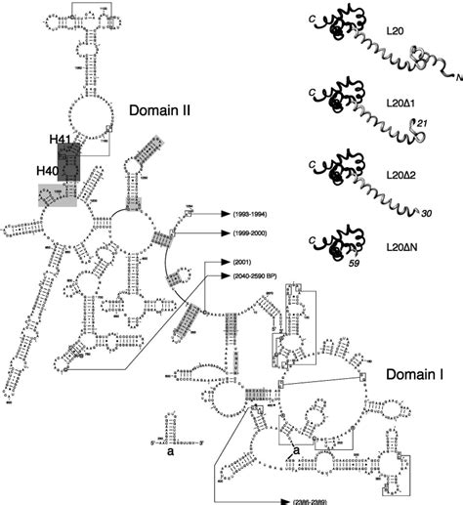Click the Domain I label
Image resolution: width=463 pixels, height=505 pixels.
point(414,375)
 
